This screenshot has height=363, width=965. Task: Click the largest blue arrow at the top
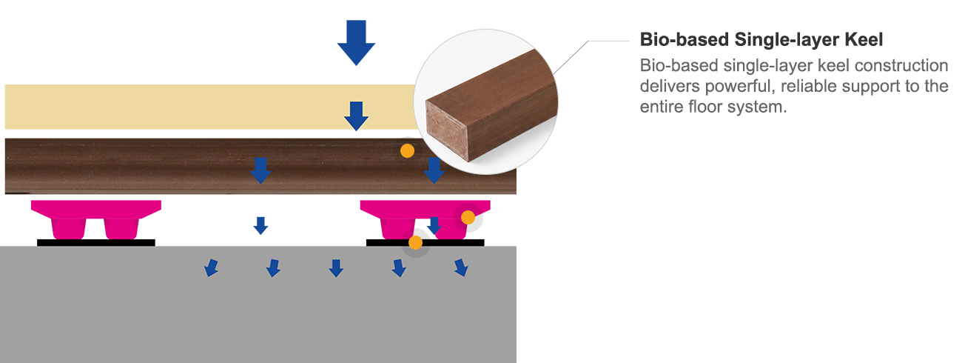[x=356, y=42]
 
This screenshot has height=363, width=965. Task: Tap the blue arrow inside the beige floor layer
[x=356, y=116]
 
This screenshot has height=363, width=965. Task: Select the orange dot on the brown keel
[x=407, y=151]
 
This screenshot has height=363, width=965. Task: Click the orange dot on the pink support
[x=468, y=217]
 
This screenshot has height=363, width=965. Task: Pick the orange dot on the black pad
[x=415, y=242]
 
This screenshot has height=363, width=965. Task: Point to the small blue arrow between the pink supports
[x=260, y=225]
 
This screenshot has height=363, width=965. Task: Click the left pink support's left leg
[x=68, y=228]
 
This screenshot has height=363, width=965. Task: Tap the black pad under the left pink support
[x=96, y=243]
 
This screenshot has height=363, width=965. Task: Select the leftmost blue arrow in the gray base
[x=211, y=267]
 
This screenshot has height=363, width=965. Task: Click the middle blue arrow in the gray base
[x=336, y=268]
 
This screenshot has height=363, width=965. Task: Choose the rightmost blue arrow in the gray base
[x=461, y=267]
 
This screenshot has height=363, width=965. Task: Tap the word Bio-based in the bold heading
[x=685, y=40]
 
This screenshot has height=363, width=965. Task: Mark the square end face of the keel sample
[x=446, y=130]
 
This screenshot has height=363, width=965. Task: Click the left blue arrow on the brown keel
[x=260, y=170]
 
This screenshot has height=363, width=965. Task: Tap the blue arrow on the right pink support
[x=434, y=225]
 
